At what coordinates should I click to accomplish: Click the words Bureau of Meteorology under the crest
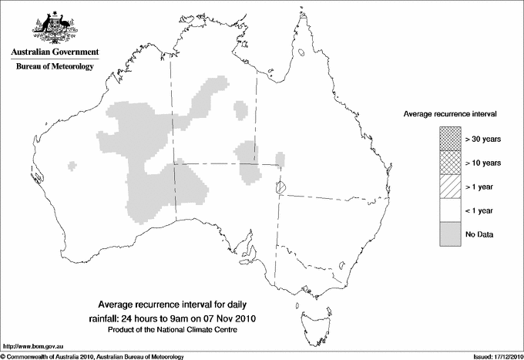point(55,67)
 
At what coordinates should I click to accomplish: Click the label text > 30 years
point(483,140)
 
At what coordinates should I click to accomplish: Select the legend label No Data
point(479,233)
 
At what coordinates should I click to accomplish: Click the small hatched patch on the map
point(281,187)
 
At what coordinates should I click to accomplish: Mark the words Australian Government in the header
point(55,52)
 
